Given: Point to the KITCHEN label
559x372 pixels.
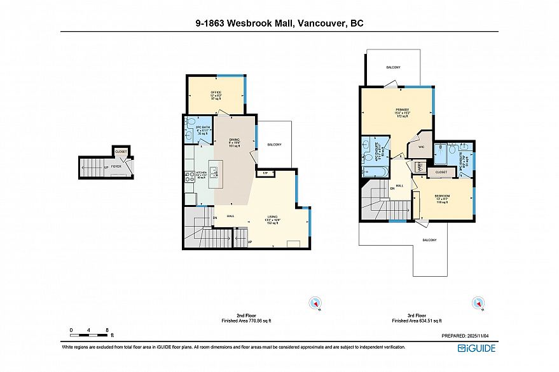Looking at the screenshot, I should click(201, 175).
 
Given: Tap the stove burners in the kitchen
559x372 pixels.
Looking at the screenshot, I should click(188, 178).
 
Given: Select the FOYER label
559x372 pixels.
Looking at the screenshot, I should click(116, 166).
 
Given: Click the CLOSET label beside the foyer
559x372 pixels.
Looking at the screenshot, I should click(121, 151).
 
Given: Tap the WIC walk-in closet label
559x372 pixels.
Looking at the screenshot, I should click(420, 147).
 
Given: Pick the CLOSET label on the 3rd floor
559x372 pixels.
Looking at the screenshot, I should click(441, 172).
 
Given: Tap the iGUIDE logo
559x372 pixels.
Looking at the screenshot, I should click(476, 349).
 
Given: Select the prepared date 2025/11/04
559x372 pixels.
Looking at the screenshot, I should click(468, 336).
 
